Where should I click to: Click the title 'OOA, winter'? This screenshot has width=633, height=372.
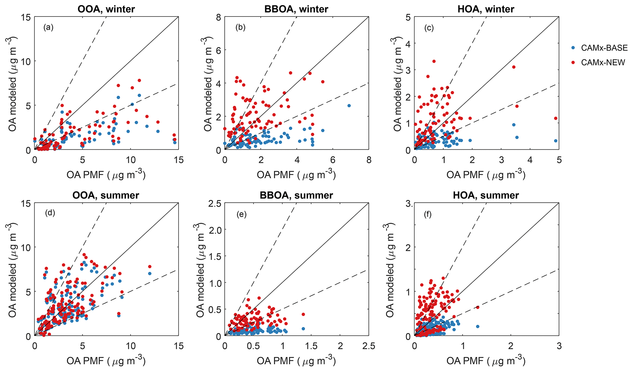[x=106, y=9]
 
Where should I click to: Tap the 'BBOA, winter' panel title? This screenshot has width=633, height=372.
[x=296, y=9]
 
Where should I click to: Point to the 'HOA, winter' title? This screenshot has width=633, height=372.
[x=486, y=9]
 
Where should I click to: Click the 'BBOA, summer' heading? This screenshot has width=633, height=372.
[x=296, y=195]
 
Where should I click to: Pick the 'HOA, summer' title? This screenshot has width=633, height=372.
[x=486, y=195]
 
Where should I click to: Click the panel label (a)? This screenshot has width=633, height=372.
[x=48, y=28]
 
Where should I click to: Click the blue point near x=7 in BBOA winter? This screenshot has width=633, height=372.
[x=349, y=106]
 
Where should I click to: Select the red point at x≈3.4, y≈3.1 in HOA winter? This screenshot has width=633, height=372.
[x=514, y=67]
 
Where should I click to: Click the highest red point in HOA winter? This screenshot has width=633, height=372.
[x=434, y=61]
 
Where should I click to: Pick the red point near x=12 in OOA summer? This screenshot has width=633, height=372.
[x=150, y=267]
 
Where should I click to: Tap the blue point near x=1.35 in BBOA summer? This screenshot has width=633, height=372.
[x=303, y=328]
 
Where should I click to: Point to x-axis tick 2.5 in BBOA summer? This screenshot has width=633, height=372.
[x=368, y=346]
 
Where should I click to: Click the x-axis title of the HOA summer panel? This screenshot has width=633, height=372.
[x=486, y=361]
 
